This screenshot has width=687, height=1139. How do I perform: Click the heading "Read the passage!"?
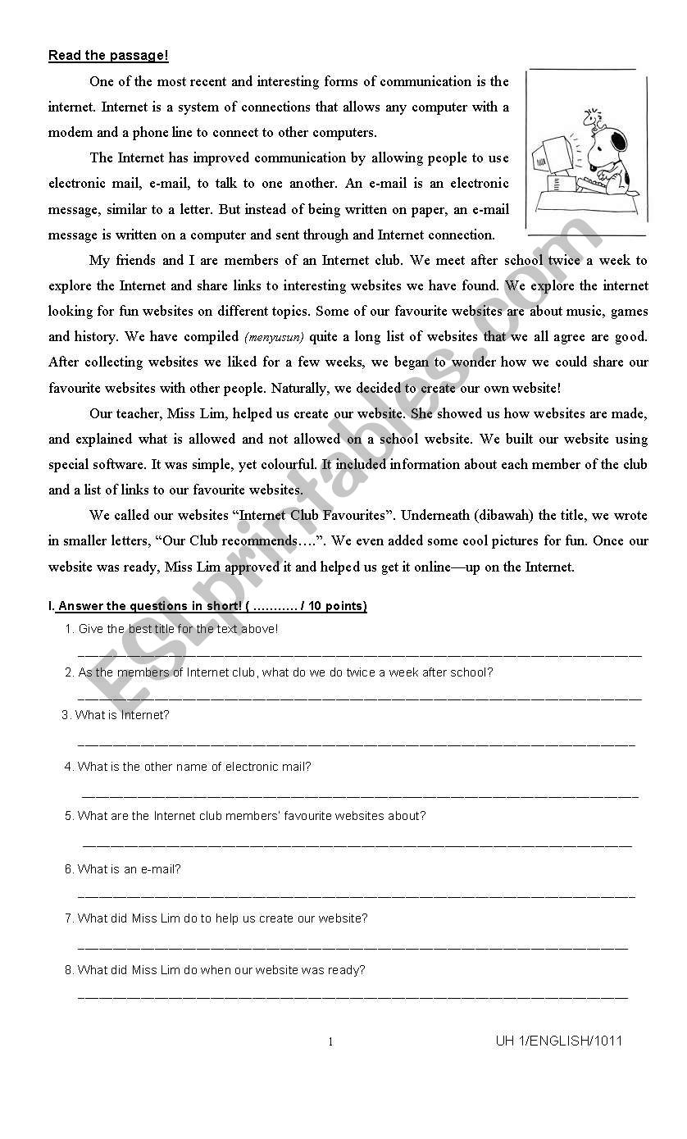[108, 56]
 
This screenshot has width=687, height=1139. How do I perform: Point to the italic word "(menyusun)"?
[274, 337]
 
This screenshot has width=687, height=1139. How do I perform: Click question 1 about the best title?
[178, 629]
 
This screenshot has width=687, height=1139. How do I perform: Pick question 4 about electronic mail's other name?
[193, 767]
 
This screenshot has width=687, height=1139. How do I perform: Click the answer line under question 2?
[359, 699]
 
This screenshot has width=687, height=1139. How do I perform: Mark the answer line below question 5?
[357, 845]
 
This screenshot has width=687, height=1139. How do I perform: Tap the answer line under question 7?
[353, 948]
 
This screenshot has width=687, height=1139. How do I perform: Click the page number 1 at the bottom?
[330, 1042]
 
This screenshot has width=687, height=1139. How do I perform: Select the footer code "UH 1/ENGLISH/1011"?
[558, 1041]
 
